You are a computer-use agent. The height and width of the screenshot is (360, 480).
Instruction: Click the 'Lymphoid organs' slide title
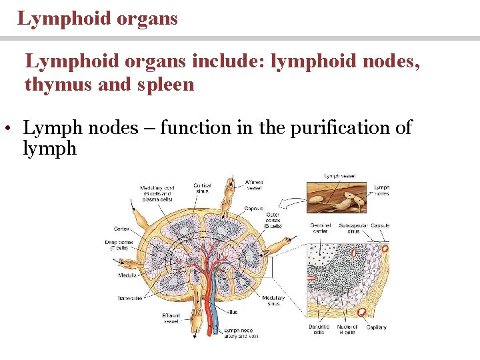97,18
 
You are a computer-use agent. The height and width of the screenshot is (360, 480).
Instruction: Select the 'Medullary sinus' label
273,301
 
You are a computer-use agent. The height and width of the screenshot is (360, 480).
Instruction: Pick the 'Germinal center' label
321,228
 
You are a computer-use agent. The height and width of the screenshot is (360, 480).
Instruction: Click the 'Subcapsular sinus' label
354,228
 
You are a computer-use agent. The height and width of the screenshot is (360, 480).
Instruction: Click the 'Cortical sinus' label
203,188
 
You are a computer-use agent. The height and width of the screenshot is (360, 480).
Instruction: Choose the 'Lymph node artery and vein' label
241,333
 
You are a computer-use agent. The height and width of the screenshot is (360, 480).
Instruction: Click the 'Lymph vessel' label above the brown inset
339,176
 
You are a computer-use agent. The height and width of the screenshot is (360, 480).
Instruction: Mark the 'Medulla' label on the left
129,275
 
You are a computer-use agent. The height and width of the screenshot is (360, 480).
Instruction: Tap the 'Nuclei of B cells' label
347,329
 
